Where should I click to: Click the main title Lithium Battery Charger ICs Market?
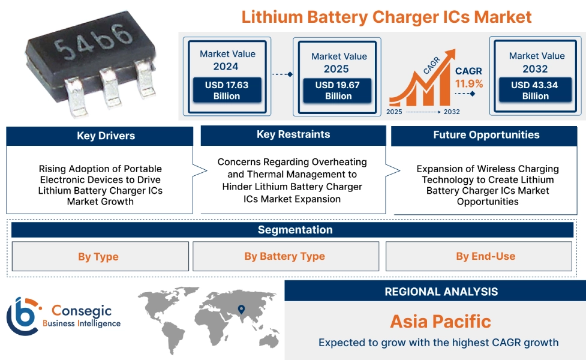point(386,16)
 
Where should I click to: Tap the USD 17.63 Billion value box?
point(227,91)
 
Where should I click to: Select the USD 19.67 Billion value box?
point(338,91)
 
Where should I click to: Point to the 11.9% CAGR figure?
point(468,83)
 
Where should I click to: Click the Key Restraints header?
point(293,135)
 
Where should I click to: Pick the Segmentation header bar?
point(294,230)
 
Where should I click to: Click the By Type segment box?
point(99,257)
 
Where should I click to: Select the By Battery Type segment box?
point(285,257)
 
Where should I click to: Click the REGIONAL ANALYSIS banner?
point(441,292)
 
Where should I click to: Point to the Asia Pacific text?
point(440,321)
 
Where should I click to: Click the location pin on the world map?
point(241,310)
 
